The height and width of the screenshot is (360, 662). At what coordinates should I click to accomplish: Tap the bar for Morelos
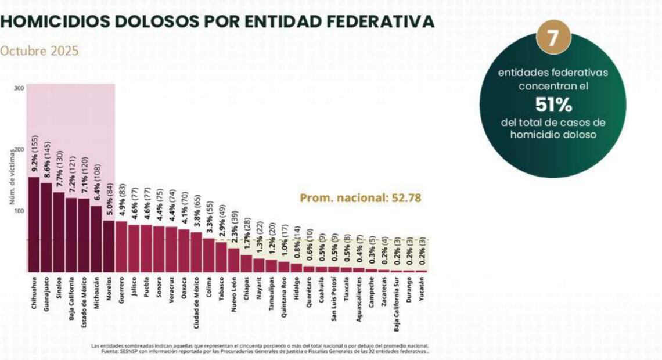(x=109, y=246)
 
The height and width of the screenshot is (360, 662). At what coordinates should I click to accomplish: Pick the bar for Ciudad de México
(x=196, y=252)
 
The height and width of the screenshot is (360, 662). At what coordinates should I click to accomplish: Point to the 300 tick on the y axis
(x=19, y=88)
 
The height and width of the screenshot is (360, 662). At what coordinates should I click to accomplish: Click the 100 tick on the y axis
(x=19, y=211)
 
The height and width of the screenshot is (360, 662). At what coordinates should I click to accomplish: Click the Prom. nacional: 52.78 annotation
(x=360, y=198)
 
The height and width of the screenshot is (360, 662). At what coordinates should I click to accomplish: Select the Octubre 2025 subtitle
(x=39, y=51)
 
